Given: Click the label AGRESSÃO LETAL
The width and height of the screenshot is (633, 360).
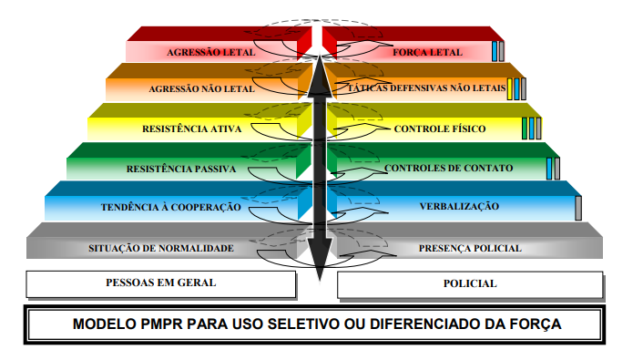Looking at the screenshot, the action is click(210, 53).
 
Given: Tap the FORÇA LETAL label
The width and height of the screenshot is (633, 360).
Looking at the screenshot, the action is click(427, 53).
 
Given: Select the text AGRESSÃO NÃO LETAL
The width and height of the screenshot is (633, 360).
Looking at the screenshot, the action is click(202, 89).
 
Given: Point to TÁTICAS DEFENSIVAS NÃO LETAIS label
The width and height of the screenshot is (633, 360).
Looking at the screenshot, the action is click(427, 88).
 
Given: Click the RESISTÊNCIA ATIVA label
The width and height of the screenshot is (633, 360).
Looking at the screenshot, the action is click(192, 129).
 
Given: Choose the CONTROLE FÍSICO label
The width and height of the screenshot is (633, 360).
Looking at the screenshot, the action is click(440, 129).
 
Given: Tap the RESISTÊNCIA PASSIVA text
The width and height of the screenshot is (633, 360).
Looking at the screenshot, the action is click(181, 169).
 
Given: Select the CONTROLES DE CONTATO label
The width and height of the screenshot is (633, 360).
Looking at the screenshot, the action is click(448, 168).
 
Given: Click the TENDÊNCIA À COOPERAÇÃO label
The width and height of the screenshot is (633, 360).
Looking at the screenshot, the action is click(170, 207).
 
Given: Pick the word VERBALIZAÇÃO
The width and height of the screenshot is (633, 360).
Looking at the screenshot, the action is click(459, 207).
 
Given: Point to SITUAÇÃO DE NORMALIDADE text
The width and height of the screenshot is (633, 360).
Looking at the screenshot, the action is click(161, 248).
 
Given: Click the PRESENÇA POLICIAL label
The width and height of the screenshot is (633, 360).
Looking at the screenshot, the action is click(470, 248).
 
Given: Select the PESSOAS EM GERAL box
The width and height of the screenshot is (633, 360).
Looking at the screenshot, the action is click(161, 284).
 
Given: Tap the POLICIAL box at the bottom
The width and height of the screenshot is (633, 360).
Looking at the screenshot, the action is click(470, 285).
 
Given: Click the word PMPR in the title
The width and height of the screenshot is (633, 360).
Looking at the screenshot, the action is click(161, 324).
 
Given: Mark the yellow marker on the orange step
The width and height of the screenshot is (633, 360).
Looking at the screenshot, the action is click(509, 89).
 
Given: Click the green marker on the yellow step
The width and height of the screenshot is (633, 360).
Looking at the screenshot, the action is click(525, 129).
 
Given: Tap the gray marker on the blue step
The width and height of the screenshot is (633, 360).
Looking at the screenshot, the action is click(578, 208).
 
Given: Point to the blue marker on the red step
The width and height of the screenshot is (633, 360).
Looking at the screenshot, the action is click(495, 51).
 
